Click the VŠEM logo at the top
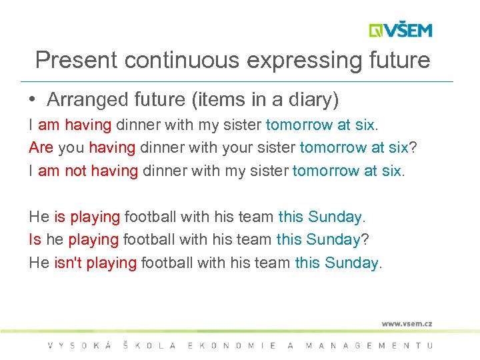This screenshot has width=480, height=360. (401, 30)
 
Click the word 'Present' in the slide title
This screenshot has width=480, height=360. (73, 61)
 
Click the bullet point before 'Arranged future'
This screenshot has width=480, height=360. (33, 100)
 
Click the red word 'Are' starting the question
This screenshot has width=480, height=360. (41, 147)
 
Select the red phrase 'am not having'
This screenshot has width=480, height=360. (88, 171)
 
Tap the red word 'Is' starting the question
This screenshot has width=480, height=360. (35, 239)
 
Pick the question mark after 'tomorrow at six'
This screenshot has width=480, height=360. (413, 147)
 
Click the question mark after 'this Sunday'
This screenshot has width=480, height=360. (365, 239)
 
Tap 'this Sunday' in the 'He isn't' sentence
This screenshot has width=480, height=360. (337, 263)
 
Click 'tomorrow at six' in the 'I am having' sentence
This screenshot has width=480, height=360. (320, 125)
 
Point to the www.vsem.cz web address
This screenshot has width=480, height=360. (407, 323)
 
